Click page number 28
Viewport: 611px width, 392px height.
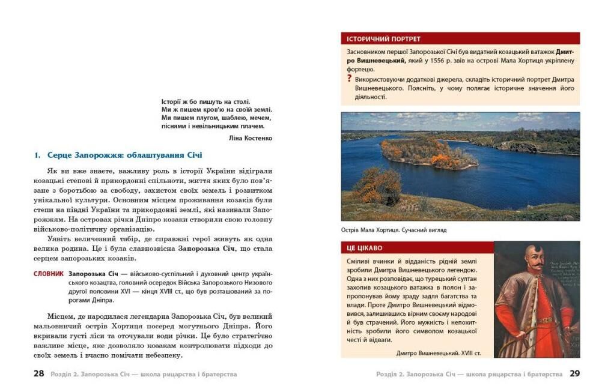[38, 374]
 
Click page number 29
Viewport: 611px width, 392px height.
[574, 374]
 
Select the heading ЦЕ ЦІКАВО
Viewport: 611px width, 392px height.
[364, 248]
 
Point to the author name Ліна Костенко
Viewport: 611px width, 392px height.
[251, 138]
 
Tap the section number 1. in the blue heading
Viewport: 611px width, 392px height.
[37, 155]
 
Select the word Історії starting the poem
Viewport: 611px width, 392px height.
[174, 102]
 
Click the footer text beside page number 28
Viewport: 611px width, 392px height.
[144, 374]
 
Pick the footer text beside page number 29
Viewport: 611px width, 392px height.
[469, 374]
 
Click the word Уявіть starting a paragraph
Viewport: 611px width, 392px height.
[59, 238]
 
